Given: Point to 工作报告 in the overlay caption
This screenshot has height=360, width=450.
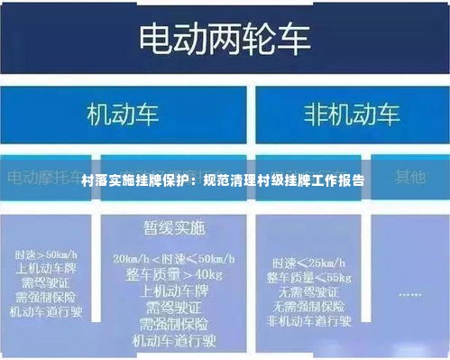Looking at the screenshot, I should (335, 181).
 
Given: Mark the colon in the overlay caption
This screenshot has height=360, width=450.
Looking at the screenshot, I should (197, 181).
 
